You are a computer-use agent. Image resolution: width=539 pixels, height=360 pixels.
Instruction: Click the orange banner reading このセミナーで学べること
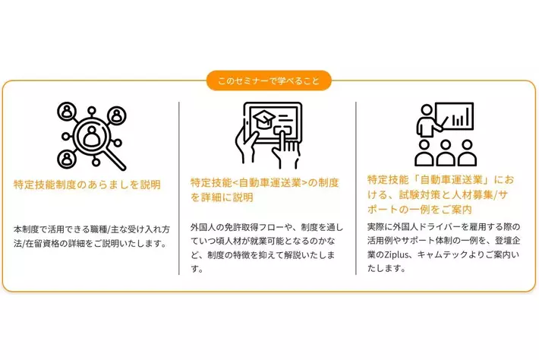[269, 81]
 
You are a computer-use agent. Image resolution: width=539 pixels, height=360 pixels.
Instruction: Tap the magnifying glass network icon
[92, 136]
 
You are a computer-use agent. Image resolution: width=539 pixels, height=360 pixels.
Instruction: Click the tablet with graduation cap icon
[269, 135]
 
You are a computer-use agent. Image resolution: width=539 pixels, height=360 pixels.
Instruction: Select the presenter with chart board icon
[445, 134]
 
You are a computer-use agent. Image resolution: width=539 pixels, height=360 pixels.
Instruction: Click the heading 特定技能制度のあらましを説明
[87, 185]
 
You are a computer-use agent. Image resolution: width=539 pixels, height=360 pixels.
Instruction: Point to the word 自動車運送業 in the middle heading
[269, 182]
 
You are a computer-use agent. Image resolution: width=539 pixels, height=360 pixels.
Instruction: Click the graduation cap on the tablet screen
[264, 120]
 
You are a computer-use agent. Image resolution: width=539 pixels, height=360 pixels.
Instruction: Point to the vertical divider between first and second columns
[179, 188]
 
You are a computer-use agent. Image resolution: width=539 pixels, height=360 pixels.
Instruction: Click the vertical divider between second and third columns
[356, 188]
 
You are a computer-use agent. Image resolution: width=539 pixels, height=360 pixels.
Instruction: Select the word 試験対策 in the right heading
[420, 194]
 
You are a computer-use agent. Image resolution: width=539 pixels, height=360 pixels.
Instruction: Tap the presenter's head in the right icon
[427, 110]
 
